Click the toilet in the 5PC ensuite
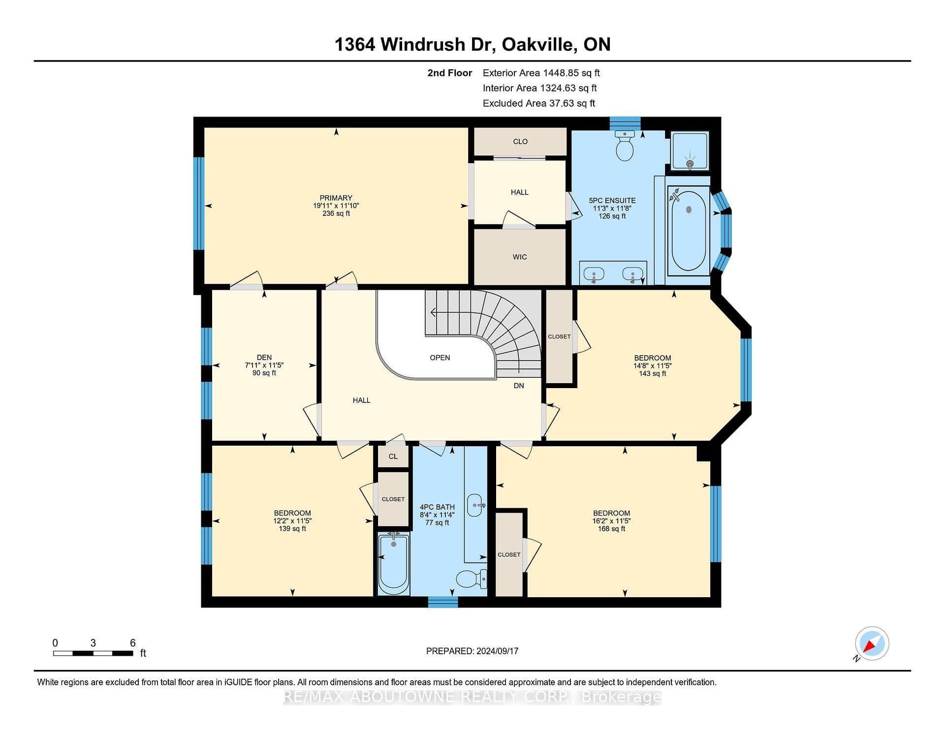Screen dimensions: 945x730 [625, 146]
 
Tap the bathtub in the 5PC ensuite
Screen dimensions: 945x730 [688, 229]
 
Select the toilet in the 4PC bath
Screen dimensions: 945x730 [472, 579]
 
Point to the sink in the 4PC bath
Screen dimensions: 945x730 [475, 505]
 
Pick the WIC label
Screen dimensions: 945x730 [520, 257]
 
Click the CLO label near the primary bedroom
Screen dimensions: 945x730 [520, 142]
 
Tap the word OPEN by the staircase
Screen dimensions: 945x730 [440, 358]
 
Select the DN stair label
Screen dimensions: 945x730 [519, 386]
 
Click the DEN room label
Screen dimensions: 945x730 [264, 357]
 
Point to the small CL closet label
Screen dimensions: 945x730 [393, 456]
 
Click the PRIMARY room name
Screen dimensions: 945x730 [336, 198]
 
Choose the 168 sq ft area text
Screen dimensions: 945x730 [611, 529]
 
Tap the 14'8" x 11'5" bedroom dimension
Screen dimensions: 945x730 [653, 365]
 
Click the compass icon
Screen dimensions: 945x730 [872, 643]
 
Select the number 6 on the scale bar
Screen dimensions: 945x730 [132, 642]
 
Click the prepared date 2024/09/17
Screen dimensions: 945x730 [498, 651]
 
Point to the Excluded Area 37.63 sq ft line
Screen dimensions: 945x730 [539, 103]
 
